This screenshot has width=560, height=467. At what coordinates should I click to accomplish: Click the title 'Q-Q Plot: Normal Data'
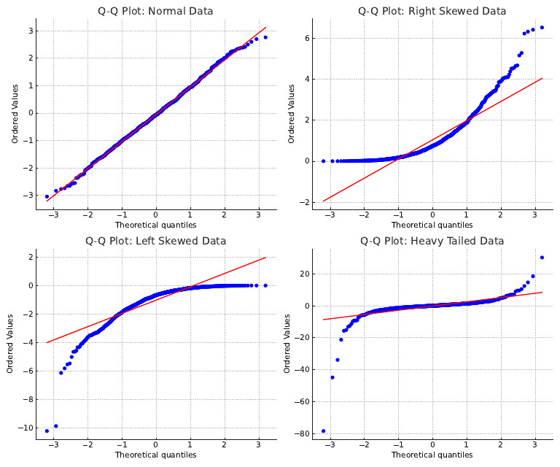click(x=156, y=11)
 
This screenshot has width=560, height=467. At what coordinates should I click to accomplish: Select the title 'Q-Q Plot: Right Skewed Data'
click(x=432, y=11)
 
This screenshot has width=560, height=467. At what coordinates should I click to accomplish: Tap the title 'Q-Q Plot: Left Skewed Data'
click(x=156, y=241)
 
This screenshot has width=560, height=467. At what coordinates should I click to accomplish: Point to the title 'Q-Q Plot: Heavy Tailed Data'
click(x=432, y=241)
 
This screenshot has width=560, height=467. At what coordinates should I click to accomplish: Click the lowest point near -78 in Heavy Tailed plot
click(x=323, y=431)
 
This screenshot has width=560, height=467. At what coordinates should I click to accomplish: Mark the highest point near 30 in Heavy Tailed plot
click(x=542, y=258)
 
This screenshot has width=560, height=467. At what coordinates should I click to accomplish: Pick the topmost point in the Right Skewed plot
click(x=542, y=28)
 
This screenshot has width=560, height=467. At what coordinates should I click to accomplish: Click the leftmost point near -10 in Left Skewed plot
click(x=47, y=431)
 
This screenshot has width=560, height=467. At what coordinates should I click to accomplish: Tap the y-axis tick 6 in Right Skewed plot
click(x=309, y=38)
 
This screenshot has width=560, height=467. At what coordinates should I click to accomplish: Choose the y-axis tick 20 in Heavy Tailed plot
click(x=305, y=274)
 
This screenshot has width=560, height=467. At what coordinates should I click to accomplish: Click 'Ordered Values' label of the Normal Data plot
click(x=15, y=113)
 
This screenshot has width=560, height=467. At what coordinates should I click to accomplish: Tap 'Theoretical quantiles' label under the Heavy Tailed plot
click(x=432, y=455)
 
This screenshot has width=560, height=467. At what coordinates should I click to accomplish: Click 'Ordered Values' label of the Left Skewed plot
click(x=10, y=343)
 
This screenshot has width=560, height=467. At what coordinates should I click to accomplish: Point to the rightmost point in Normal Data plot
click(x=265, y=37)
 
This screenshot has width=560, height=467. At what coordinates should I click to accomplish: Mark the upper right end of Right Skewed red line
click(x=542, y=78)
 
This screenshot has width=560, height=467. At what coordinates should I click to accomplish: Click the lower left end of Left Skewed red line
click(x=47, y=342)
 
